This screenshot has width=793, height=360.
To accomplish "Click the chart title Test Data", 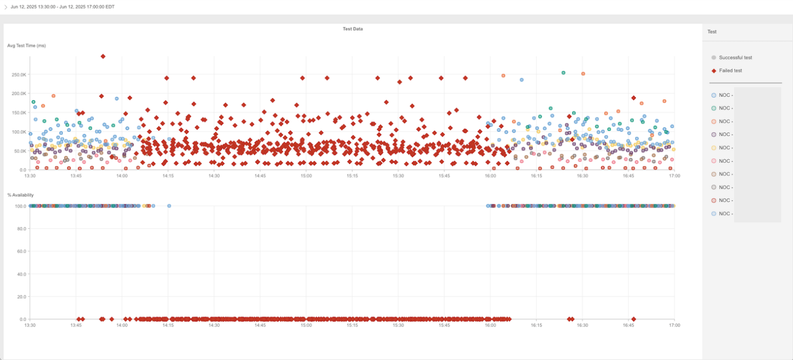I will click(353, 29).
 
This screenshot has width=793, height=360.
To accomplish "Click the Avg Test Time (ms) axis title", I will click(27, 46).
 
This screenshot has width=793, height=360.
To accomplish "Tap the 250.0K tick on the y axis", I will click(19, 74).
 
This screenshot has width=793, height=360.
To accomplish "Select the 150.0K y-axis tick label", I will click(19, 113).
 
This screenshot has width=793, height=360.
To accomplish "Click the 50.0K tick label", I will click(20, 151).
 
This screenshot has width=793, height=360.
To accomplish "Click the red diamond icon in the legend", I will click(714, 70).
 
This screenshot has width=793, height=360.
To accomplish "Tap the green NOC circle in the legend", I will click(714, 108).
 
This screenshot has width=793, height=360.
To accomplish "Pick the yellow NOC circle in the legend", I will click(714, 148).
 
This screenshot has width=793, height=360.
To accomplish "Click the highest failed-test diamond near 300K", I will click(103, 56).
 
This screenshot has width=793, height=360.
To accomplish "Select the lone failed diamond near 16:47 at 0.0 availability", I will click(633, 319).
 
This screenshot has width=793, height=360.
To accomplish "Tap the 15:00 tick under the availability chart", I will click(306, 325).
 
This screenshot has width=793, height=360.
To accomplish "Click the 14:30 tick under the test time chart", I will click(214, 176).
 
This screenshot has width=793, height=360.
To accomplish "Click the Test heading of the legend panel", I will click(712, 32).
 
